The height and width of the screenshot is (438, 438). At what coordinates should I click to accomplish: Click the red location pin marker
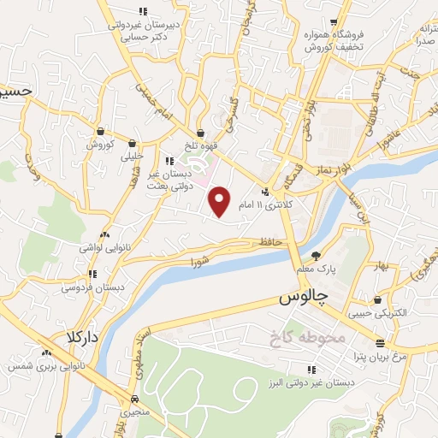[220, 201]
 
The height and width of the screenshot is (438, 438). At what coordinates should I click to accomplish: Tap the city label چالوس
[305, 299]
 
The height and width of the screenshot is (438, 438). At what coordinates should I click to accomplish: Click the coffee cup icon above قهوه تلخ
[199, 133]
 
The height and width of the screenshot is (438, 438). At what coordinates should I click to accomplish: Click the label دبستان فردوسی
[92, 288]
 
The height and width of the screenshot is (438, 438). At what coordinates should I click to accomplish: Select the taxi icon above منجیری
[134, 399]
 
